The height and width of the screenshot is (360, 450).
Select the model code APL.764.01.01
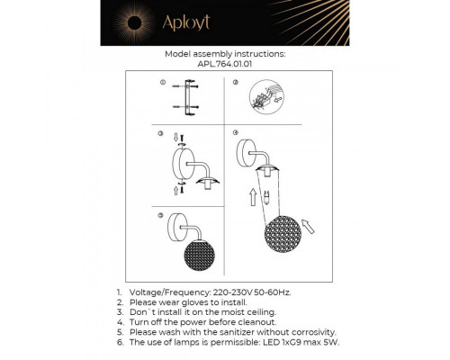click(x=225, y=64)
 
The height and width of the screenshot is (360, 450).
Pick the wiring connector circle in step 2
click(x=266, y=98)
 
